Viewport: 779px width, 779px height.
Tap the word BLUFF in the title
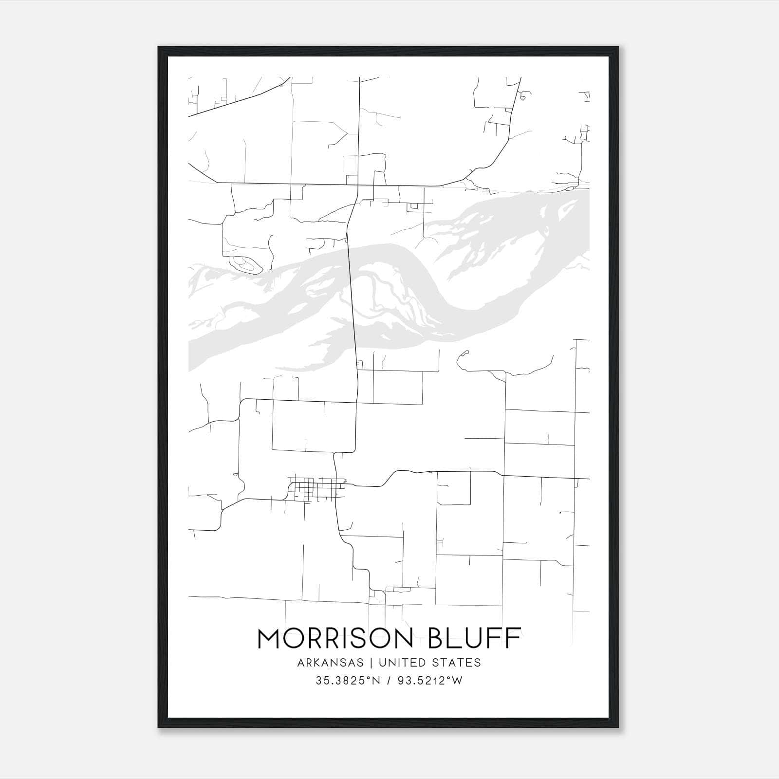click(x=474, y=638)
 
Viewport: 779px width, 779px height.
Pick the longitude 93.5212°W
click(x=428, y=681)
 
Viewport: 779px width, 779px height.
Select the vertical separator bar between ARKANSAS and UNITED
click(x=371, y=663)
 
